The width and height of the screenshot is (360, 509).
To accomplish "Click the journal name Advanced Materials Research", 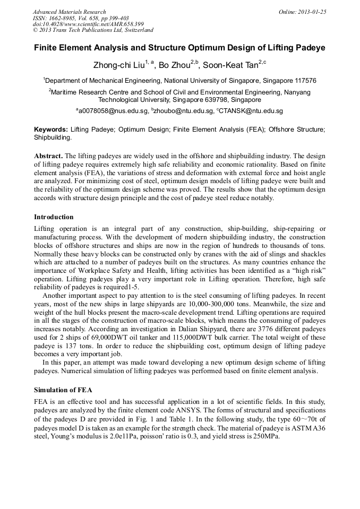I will click(69, 11).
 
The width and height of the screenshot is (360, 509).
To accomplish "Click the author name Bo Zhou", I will click(175, 65).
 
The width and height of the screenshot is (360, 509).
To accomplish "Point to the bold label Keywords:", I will click(51, 130).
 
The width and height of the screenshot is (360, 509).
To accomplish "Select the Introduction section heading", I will click(54, 217).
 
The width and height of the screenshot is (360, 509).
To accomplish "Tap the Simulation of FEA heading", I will click(63, 390).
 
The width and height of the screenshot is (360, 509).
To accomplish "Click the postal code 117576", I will click(305, 81).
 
